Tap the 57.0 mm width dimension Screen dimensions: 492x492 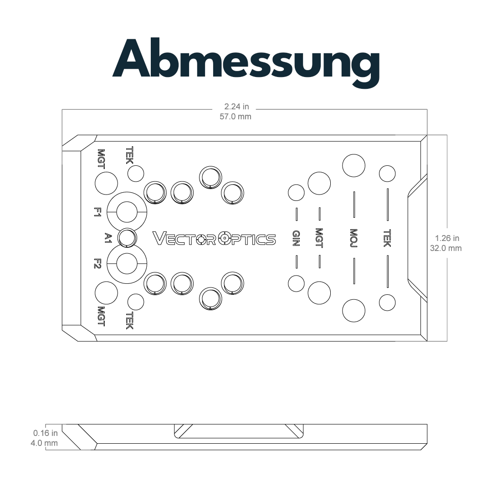(236, 117)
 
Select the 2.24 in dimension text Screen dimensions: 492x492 (236, 107)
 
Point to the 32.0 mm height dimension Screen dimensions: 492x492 (446, 248)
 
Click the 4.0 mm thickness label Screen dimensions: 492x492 (44, 443)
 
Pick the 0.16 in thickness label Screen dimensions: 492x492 (46, 433)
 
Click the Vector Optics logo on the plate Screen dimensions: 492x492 (214, 239)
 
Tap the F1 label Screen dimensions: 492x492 (97, 212)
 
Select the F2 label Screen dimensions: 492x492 (97, 264)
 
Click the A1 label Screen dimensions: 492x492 (108, 238)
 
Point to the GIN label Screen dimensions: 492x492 (296, 238)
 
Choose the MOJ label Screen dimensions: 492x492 (354, 238)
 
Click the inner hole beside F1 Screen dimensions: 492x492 (127, 212)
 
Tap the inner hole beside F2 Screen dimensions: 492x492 (127, 264)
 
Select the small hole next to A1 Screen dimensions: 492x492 (127, 238)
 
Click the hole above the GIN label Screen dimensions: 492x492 (296, 192)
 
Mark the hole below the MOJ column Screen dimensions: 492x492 (354, 311)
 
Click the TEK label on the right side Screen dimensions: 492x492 (387, 238)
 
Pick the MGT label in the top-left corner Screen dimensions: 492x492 (101, 159)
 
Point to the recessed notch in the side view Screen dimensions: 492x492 (239, 431)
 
